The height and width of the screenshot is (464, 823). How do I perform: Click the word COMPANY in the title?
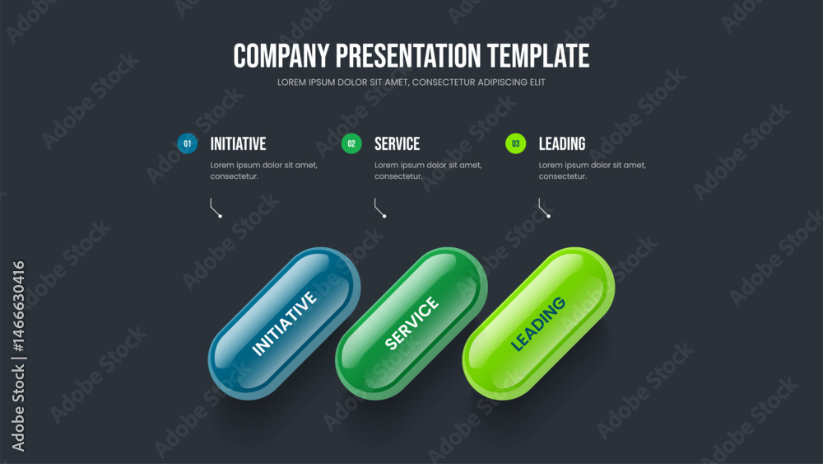coord(281,56)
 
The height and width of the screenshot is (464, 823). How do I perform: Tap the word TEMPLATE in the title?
coord(538,56)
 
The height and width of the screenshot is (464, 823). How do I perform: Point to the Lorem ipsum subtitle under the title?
coord(411,82)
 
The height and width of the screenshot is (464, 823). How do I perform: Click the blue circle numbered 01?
coord(188,143)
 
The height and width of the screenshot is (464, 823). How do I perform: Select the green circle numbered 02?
coord(351,143)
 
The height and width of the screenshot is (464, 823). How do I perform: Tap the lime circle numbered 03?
coord(515,143)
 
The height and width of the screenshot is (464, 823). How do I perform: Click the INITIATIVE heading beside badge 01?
coord(239,144)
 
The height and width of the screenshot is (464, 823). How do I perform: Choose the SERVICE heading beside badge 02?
coord(398,144)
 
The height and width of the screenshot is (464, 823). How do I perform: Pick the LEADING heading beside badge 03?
coord(562,144)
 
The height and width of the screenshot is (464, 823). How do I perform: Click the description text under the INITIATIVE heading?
coord(264,171)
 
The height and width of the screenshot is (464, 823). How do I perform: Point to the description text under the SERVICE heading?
coord(428,171)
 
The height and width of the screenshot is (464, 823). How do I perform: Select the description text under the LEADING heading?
coord(593,171)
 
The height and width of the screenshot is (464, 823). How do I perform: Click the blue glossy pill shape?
coord(285,324)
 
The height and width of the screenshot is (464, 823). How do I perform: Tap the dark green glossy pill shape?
coord(411,324)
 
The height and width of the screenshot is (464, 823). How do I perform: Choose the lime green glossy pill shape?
coord(538,324)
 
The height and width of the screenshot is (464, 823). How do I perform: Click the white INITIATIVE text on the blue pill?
coord(285,323)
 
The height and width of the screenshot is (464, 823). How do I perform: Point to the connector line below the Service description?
coord(378,209)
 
